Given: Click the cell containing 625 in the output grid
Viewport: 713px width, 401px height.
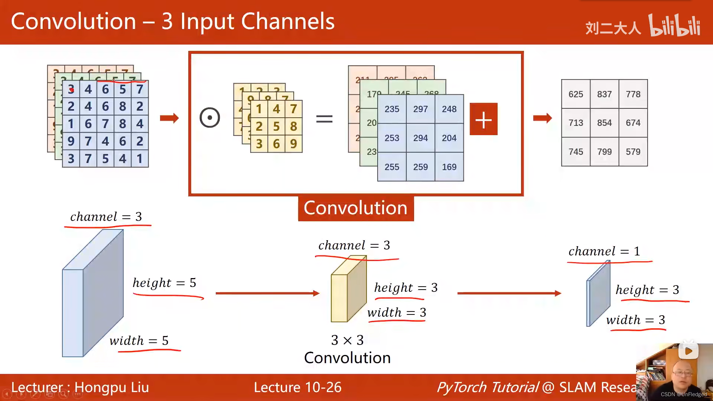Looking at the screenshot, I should coord(576,94).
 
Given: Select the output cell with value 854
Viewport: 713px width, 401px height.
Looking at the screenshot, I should coord(604,123).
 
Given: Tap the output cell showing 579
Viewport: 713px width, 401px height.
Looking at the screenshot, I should coord(633,152).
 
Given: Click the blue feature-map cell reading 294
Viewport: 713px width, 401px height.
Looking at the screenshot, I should coord(420,138).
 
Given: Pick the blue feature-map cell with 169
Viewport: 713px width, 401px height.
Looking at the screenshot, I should coord(449,167).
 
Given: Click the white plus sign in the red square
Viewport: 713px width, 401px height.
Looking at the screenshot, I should coord(484,119).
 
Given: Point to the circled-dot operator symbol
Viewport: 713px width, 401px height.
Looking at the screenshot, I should coord(210,118).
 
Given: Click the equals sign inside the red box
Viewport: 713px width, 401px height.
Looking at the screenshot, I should coord(324,119).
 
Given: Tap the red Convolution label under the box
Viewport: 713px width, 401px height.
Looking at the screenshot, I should coord(355,208).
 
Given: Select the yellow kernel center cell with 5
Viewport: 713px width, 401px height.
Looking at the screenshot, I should coord(276,126).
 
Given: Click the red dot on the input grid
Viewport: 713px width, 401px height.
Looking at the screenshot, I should coord(72,89).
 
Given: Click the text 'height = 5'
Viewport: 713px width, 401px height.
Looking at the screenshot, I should coord(165,283).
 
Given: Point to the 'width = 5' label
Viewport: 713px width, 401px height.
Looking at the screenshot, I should coord(139,340).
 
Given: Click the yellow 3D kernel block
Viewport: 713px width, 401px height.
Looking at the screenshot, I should coord(348,291).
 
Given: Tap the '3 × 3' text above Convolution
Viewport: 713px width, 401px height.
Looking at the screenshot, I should coord(347,340).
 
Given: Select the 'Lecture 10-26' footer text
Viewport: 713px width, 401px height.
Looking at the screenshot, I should coord(297,387).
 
